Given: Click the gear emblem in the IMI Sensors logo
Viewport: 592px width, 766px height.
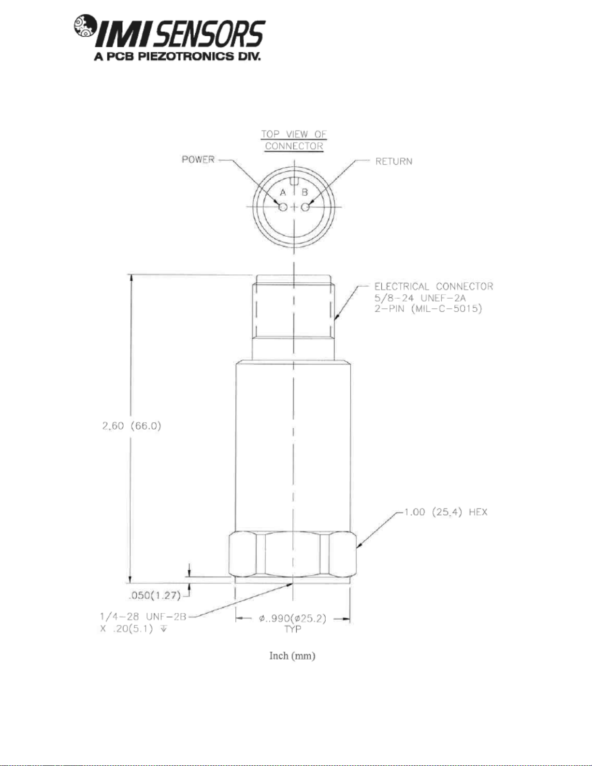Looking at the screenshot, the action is click(84, 26).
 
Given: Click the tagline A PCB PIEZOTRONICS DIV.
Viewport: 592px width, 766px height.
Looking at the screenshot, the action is click(177, 57).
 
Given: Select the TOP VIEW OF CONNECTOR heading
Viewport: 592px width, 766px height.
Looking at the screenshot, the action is click(294, 140).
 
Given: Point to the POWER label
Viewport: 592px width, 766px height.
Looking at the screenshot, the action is click(198, 159).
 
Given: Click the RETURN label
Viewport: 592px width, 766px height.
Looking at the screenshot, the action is click(393, 161).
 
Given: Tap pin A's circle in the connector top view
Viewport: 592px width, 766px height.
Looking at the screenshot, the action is click(283, 207).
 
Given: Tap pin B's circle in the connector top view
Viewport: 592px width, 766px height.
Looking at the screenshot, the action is click(305, 207).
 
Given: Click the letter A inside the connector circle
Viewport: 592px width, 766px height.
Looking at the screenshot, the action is click(283, 192).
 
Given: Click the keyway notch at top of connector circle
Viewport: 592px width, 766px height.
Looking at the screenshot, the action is click(294, 181).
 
